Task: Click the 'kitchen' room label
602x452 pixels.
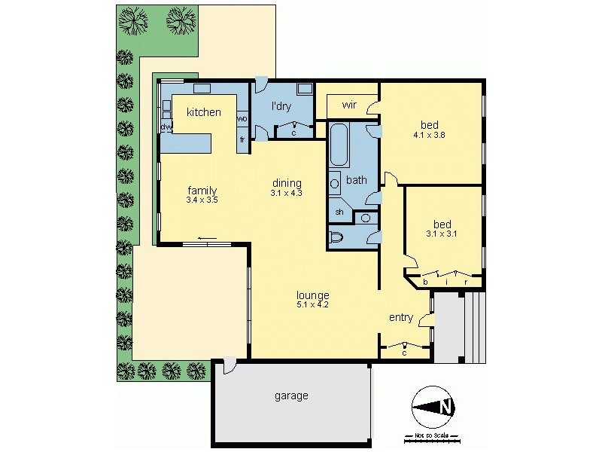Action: tap(204, 112)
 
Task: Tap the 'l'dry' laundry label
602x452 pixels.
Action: tap(281, 106)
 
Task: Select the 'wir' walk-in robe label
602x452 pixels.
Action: tap(349, 105)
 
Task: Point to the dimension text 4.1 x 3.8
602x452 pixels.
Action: tap(430, 136)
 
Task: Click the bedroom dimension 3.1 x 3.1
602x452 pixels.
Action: tap(442, 234)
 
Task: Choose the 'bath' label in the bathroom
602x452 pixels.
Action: tap(356, 180)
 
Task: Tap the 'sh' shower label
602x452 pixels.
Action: tap(339, 212)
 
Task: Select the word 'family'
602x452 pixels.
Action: tap(202, 190)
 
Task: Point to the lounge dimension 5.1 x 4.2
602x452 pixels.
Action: tap(313, 305)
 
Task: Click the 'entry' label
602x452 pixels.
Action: tap(400, 317)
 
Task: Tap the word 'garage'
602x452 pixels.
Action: tap(290, 395)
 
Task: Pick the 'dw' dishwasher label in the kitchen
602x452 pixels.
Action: tap(166, 127)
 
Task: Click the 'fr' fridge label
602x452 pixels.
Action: tap(242, 140)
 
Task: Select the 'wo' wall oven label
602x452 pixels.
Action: tap(242, 119)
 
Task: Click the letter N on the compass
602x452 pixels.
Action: tap(446, 408)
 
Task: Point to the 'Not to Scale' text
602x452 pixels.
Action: tap(431, 436)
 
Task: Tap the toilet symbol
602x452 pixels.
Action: tap(338, 238)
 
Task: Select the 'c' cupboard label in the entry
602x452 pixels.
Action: tap(405, 352)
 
